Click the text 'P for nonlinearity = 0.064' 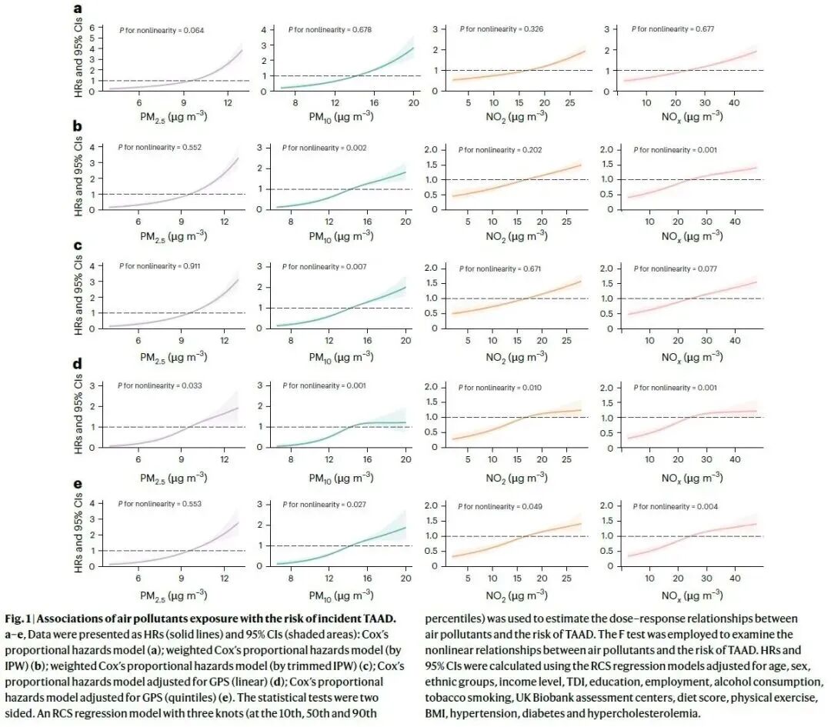(161, 31)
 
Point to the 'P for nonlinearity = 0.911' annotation (161, 266)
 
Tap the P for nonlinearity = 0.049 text (502, 506)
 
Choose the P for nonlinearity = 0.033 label (161, 385)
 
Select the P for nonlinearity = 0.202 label (502, 149)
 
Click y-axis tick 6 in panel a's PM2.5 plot (92, 28)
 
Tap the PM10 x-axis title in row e (341, 594)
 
